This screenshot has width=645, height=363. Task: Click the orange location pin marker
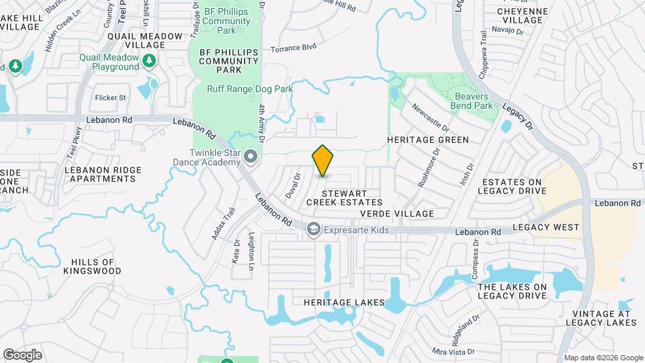[x=323, y=160]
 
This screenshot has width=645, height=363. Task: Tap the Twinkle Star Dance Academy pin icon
[x=251, y=157]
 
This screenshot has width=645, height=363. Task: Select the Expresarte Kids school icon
[x=313, y=230]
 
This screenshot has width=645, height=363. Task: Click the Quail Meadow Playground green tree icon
[x=149, y=62]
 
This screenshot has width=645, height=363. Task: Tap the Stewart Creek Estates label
[x=344, y=196]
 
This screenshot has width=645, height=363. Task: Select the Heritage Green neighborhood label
[x=427, y=140]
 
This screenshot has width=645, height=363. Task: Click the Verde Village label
[x=397, y=213]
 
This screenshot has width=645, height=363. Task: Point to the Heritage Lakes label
[x=343, y=302]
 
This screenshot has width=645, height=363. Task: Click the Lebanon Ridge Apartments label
[x=100, y=174]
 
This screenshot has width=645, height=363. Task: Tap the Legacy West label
[x=546, y=228]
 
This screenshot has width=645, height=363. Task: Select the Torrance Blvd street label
[x=293, y=48]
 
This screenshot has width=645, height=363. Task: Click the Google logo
[x=22, y=355]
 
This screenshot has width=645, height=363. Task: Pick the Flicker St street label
[x=111, y=97]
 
